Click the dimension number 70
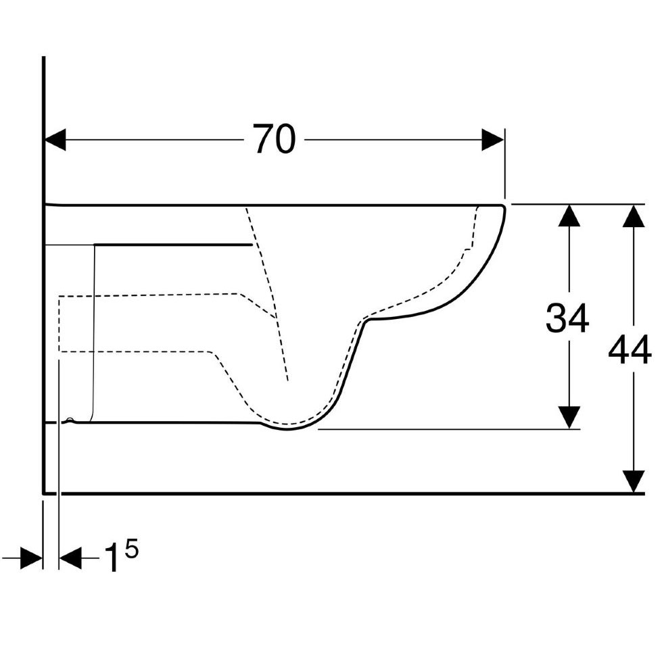tap(274, 139)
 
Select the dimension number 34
tap(567, 318)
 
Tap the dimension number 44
tap(630, 349)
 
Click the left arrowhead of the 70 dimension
tap(55, 140)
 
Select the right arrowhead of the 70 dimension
tap(493, 140)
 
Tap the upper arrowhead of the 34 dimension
tap(569, 216)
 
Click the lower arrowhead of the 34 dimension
tap(569, 418)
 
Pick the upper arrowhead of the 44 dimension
tap(633, 216)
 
